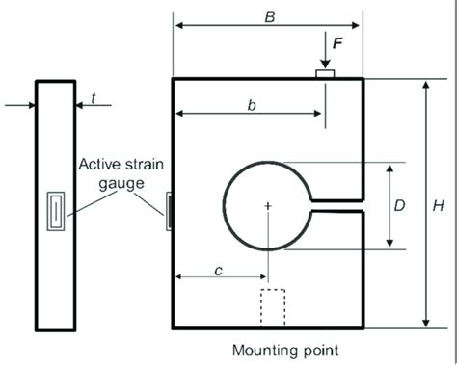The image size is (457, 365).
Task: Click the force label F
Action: point(336,43)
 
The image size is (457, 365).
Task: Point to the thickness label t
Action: point(93,96)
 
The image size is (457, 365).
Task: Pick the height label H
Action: point(439,205)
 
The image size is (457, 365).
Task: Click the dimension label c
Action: point(219,271)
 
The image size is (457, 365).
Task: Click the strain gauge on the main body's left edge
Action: point(170,209)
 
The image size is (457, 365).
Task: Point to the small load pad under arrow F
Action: point(325,72)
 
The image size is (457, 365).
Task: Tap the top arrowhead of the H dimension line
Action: point(425,85)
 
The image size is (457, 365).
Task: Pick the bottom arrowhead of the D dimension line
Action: point(390,244)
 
